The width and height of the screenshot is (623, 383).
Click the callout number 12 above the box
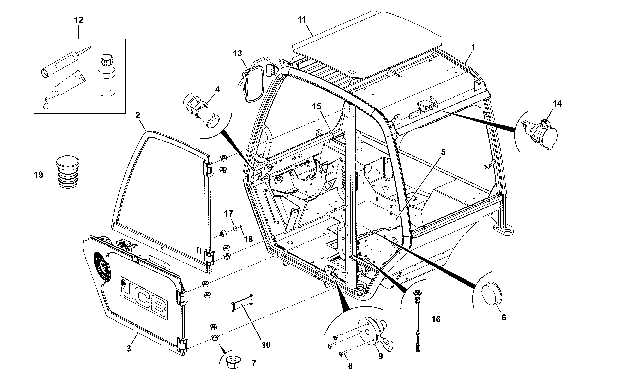[78, 20]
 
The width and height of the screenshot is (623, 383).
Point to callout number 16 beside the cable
[436, 319]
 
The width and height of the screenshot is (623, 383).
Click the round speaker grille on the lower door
[102, 266]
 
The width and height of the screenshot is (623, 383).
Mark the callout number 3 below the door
[129, 349]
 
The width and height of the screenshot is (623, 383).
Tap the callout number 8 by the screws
[350, 366]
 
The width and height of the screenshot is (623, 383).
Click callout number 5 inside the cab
[443, 152]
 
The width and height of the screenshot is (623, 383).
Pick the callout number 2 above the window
[138, 115]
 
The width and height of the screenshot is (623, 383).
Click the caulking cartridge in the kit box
[66, 62]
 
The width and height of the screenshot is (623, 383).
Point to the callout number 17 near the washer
[229, 214]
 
